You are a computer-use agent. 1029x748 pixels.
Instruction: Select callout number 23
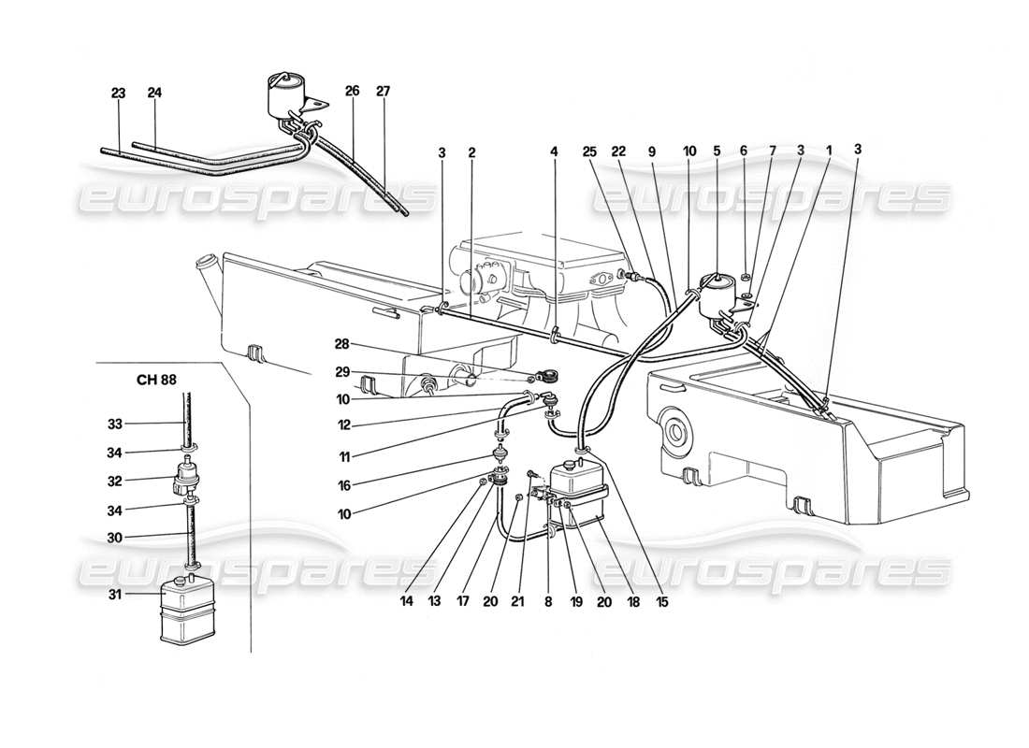coord(118,93)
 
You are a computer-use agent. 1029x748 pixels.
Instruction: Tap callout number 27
coord(384,93)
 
